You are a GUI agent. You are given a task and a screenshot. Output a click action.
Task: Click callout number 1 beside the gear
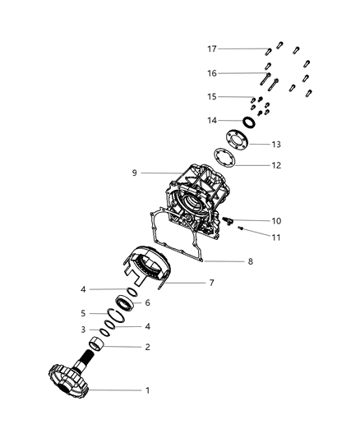click(x=147, y=390)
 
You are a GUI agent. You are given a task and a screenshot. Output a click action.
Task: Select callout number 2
click(x=147, y=347)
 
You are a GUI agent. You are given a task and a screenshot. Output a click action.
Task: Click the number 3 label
click(x=83, y=330)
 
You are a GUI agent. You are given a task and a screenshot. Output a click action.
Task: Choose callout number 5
click(x=83, y=313)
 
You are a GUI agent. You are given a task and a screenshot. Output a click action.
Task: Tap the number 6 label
click(x=148, y=302)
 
